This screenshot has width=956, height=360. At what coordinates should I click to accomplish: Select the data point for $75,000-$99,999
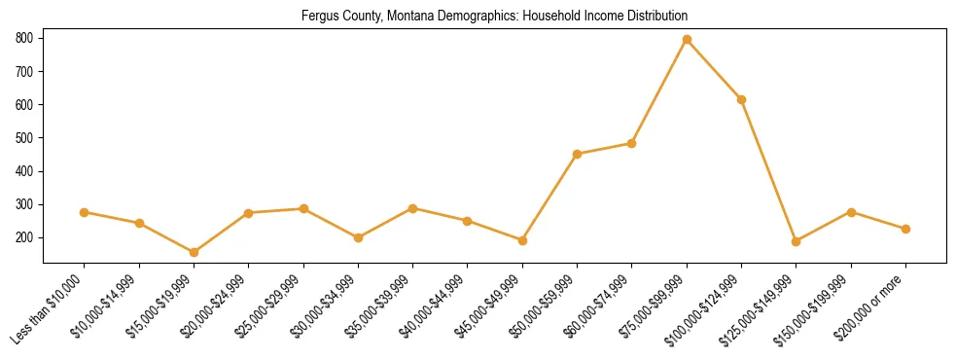pos(687,39)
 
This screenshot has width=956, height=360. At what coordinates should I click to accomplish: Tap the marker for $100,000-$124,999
pos(742,99)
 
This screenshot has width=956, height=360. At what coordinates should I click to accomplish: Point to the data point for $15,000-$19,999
pos(194,252)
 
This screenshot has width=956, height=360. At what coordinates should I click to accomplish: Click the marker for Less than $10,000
pos(85,212)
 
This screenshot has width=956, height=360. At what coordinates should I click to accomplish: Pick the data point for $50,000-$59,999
pos(578,154)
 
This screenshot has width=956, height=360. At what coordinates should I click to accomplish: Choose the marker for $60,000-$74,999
pos(632,143)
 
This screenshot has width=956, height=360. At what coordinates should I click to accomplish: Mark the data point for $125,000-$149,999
pos(797,241)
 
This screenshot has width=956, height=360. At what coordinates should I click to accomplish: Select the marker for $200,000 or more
pos(906,229)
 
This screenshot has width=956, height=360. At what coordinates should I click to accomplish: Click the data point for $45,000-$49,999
pos(522,240)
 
